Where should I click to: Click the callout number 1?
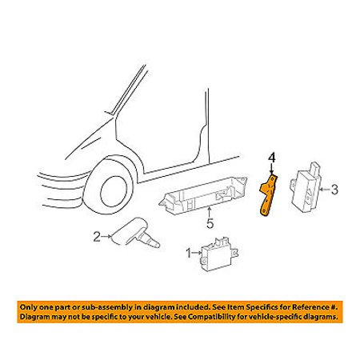point(189,253)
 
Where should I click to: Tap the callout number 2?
point(97,237)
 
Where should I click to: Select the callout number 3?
point(334,190)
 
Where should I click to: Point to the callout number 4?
point(271,158)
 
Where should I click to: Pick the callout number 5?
point(210,223)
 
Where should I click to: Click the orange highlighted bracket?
point(269,195)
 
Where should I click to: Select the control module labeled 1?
point(219,254)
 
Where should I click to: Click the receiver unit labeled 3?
point(306,187)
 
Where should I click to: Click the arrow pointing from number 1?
point(197,253)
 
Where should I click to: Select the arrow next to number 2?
point(106,236)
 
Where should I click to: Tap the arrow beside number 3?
point(325,190)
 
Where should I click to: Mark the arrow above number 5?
point(210,213)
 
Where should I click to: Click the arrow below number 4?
point(271,169)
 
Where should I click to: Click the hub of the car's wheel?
point(114,191)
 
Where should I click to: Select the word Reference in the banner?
point(310,307)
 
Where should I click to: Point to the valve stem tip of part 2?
point(157,244)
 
